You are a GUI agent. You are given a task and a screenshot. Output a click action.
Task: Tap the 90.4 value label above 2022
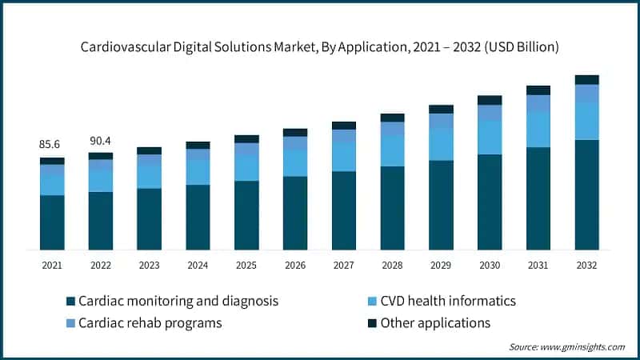(101, 141)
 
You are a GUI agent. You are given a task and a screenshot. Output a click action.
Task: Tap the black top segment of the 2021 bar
(52, 161)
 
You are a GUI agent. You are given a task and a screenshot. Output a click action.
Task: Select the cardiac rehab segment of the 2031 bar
(538, 103)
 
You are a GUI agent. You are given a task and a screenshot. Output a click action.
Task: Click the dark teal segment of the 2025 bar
(246, 215)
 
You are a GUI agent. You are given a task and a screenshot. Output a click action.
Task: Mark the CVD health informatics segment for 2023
(149, 176)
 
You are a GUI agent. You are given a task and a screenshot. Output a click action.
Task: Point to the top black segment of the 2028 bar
(392, 118)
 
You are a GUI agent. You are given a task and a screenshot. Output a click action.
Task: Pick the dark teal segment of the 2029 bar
(441, 205)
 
